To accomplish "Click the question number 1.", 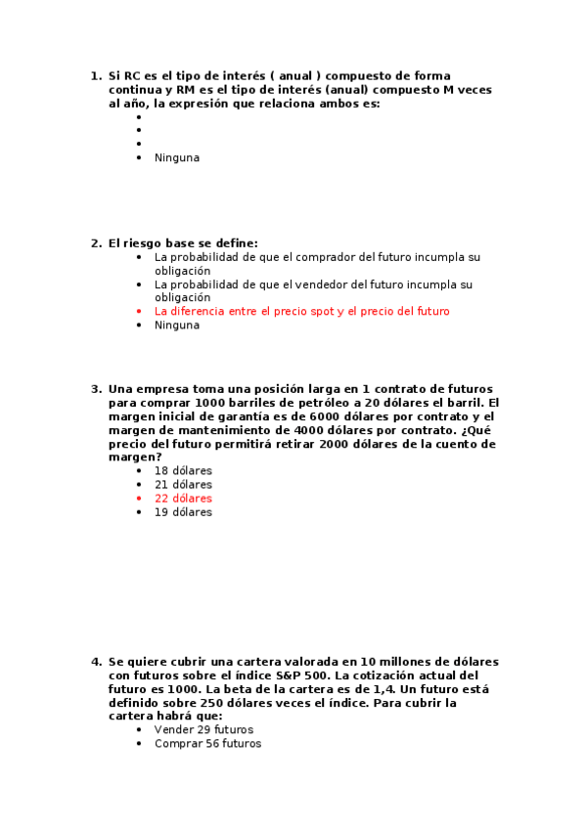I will coord(95,75).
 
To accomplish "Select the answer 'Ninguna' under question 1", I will coord(176,157).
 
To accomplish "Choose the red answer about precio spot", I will coord(301,311).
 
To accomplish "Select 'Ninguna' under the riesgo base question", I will coord(176,326).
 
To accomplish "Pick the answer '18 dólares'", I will coord(183,470).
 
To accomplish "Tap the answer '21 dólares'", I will coord(183,485).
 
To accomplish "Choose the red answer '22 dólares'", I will coord(183,499).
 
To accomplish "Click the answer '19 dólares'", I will coord(183,512).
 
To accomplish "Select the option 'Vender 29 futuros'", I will coord(203,729).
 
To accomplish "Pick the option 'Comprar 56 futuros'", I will coord(207,744).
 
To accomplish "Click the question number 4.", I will coord(95,662).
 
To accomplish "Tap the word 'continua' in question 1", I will coord(133,89).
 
